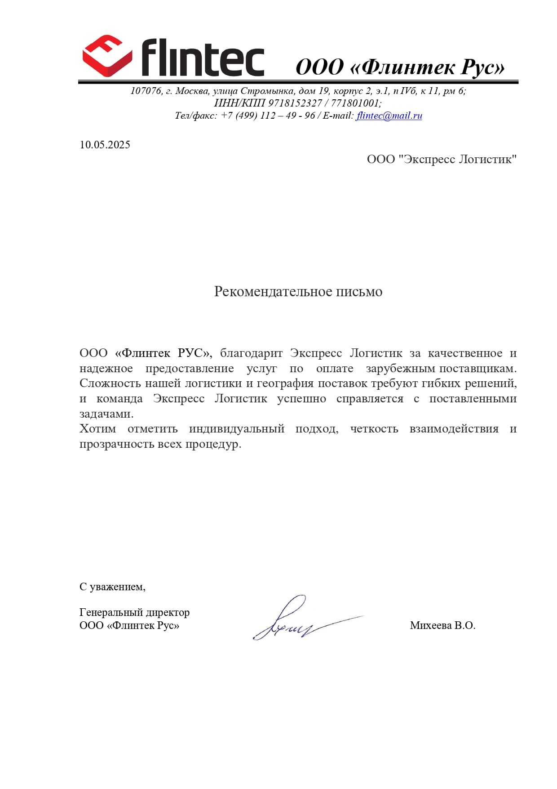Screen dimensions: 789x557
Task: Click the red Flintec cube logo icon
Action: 107,56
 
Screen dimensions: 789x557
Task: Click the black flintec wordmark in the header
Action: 203,58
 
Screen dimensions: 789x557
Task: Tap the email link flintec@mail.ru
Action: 389,116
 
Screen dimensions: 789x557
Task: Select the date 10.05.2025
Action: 105,145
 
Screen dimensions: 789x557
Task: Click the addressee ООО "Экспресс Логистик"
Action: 442,159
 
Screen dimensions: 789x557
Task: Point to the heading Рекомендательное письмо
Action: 298,292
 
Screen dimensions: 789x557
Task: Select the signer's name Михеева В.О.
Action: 442,625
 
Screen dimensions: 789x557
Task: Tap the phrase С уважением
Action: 112,587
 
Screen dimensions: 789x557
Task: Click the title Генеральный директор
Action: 134,612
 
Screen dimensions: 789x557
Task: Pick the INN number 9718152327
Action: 295,103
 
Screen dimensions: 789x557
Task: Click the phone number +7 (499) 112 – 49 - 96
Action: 268,116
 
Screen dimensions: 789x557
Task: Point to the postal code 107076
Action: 146,91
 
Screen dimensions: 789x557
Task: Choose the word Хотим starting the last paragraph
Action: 97,429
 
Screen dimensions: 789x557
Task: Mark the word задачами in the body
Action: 106,414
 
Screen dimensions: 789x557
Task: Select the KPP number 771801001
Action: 356,103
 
